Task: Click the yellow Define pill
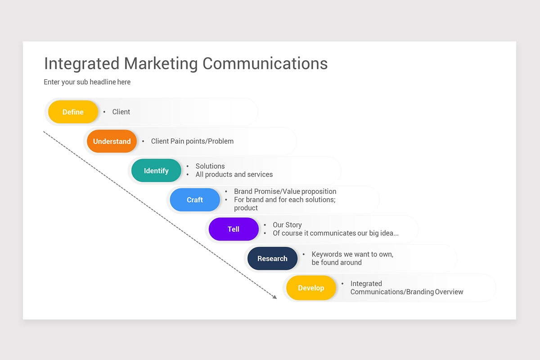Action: click(x=73, y=112)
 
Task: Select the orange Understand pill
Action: click(x=112, y=141)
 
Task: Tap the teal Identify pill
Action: click(x=156, y=171)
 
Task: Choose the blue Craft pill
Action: click(x=195, y=200)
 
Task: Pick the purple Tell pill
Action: click(x=234, y=229)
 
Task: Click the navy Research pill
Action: click(x=272, y=259)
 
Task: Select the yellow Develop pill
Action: click(x=311, y=288)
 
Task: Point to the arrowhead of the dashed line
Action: click(x=275, y=297)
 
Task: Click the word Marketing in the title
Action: click(x=161, y=63)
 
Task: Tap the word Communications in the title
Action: click(x=265, y=63)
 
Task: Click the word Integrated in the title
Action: click(x=81, y=63)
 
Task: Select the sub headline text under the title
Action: click(x=87, y=82)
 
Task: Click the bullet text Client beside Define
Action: click(x=121, y=112)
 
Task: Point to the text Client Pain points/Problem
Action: click(x=192, y=141)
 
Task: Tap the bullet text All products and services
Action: click(x=234, y=175)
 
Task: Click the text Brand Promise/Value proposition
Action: click(x=285, y=191)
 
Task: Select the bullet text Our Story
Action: click(x=287, y=225)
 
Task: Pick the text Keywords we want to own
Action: click(x=352, y=254)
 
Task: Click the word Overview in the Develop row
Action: click(x=449, y=292)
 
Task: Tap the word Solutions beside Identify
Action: click(x=210, y=166)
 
